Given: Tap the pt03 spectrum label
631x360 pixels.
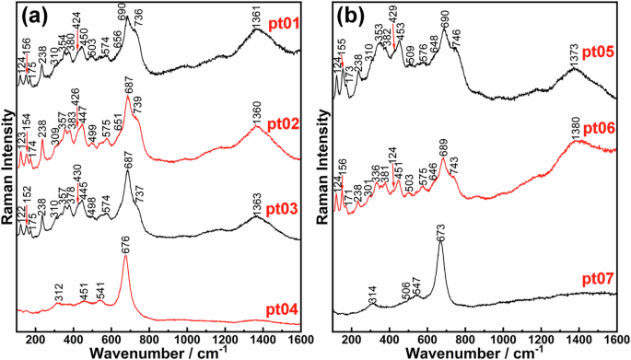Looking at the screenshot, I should (284, 211).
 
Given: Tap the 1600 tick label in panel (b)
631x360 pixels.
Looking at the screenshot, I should (616, 336).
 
